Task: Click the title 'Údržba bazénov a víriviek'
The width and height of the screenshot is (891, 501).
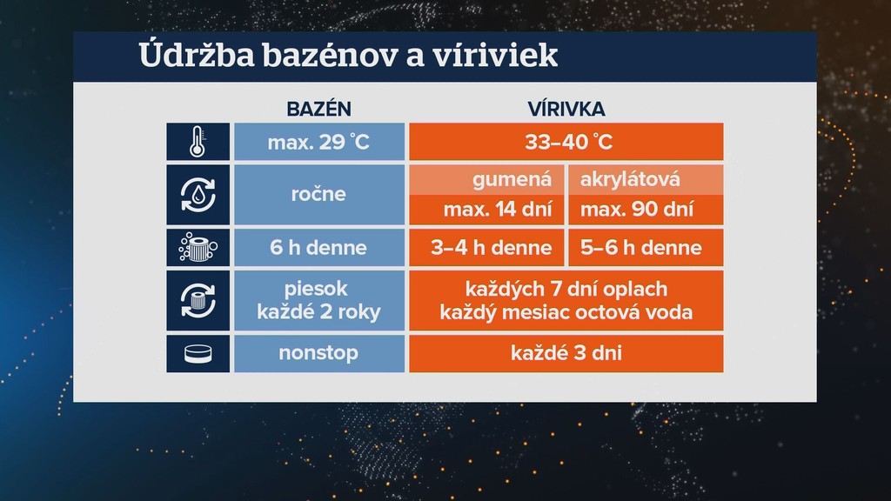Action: click(x=347, y=57)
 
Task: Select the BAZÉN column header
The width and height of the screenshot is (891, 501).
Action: click(x=318, y=110)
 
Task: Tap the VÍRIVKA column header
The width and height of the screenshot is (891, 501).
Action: click(x=566, y=110)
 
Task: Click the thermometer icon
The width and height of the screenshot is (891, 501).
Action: click(x=198, y=142)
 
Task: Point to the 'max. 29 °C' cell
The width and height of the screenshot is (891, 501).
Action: click(x=318, y=142)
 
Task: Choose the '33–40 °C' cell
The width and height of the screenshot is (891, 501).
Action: click(x=566, y=142)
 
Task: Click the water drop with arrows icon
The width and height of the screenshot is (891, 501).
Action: click(x=198, y=194)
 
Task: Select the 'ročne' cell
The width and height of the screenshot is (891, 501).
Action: click(x=318, y=194)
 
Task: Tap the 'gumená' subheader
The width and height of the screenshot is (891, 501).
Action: click(x=486, y=180)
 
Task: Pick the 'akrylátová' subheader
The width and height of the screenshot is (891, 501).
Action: click(x=645, y=180)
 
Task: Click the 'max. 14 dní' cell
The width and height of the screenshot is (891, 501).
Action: click(x=486, y=210)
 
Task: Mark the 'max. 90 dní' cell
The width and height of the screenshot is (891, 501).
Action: click(x=645, y=210)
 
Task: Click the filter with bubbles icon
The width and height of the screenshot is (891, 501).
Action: click(x=198, y=248)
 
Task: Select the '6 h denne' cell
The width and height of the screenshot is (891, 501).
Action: click(x=318, y=248)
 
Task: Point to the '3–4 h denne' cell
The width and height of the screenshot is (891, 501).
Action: click(x=486, y=248)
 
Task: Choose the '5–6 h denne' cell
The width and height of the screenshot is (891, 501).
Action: click(x=645, y=248)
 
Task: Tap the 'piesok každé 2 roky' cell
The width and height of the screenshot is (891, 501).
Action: click(x=318, y=300)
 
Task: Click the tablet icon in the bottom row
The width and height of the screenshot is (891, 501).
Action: click(x=198, y=354)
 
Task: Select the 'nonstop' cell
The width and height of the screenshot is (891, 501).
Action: click(x=318, y=354)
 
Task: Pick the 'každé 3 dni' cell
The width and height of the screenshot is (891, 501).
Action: click(x=566, y=354)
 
